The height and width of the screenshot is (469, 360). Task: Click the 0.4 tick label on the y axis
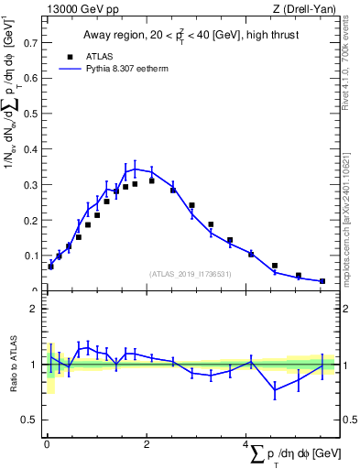pos(31,148)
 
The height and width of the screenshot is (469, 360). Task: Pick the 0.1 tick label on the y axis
pos(31,256)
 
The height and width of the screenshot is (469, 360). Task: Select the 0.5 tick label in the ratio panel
pos(31,420)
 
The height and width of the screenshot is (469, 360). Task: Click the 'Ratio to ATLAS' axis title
pos(12,365)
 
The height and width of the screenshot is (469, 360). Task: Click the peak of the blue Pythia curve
pos(135,169)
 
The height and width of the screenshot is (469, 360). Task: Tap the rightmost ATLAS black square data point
pos(322,281)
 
